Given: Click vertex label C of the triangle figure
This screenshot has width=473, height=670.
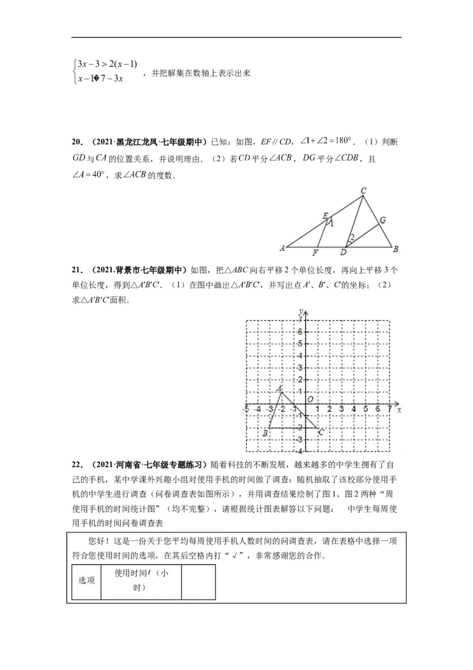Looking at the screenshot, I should (x=364, y=191).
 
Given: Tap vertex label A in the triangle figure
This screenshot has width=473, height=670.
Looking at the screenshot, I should (x=283, y=247).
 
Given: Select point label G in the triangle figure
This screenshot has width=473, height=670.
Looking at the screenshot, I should (x=383, y=220).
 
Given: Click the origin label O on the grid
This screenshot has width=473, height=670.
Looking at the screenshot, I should (x=309, y=400).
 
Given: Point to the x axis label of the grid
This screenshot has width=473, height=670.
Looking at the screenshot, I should (x=399, y=409).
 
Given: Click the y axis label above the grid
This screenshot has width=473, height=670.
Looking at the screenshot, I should (x=301, y=311).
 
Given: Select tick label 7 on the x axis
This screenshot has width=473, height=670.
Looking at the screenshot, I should (x=388, y=409).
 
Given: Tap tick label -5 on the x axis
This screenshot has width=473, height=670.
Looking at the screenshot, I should (x=245, y=409).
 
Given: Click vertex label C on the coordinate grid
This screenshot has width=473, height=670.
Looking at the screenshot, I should (x=320, y=433).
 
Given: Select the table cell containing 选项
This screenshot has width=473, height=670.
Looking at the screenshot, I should (x=87, y=581).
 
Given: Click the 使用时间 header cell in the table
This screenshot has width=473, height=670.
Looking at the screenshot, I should (x=141, y=581).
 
